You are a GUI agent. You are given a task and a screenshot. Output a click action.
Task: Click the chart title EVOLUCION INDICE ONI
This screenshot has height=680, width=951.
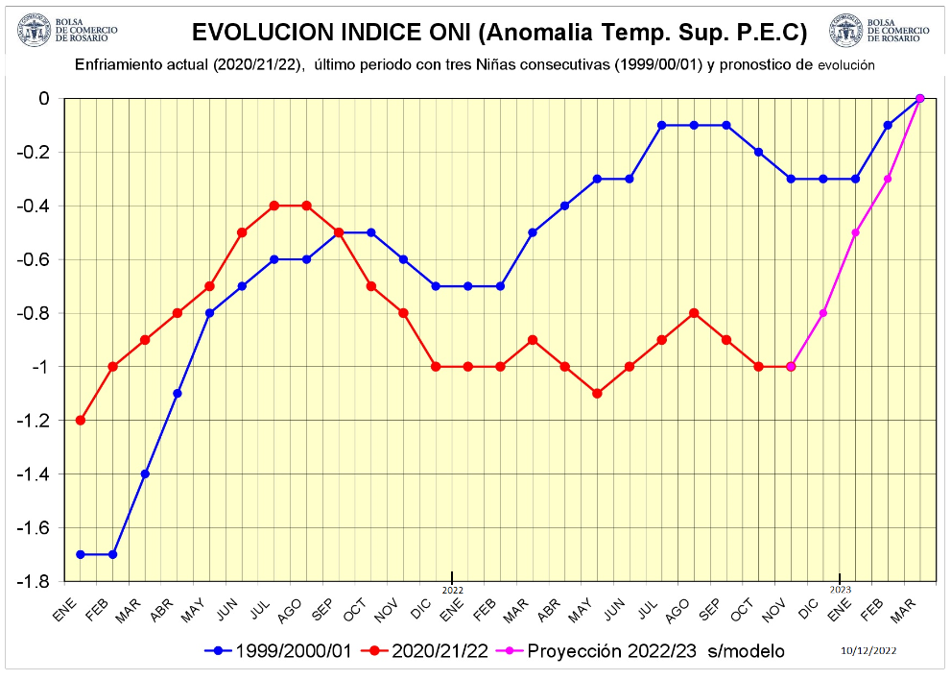click(499, 33)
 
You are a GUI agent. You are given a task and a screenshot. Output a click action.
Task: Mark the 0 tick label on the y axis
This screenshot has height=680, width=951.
click(44, 98)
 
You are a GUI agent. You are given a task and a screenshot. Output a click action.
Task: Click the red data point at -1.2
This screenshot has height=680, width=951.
click(81, 420)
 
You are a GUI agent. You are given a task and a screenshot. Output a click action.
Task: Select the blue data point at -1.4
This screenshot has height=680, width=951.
click(145, 474)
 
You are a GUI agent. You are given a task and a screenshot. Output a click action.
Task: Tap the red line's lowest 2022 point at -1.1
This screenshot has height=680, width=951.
click(597, 393)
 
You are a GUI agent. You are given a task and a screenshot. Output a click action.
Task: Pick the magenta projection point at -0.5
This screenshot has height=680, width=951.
click(855, 232)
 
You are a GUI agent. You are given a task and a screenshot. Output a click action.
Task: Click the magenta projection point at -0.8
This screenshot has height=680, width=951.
click(823, 313)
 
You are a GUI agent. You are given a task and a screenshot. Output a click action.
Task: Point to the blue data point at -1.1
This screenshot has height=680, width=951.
click(178, 393)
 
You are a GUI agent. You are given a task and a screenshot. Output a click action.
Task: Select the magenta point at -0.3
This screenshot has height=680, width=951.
click(888, 179)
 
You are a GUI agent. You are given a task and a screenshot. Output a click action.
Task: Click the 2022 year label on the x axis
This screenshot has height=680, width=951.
click(452, 590)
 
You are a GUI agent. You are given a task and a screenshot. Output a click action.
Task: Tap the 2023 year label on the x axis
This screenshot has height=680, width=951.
click(840, 590)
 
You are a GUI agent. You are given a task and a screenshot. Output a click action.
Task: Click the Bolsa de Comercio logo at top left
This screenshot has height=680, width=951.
click(33, 31)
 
